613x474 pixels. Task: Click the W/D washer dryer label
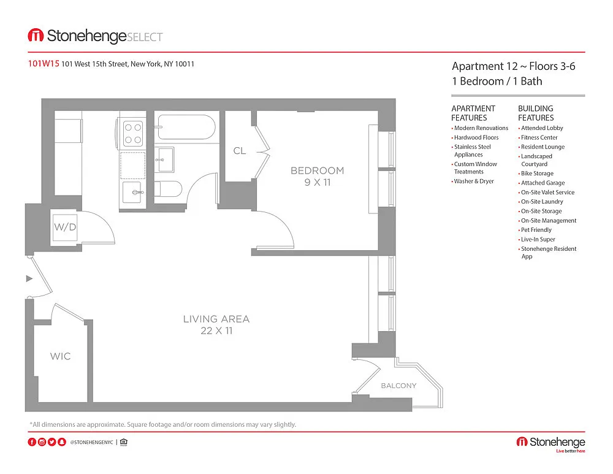65,227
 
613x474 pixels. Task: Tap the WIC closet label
60,356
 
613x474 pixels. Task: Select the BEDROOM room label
318,170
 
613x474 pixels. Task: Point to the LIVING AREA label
216,319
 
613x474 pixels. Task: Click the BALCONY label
399,386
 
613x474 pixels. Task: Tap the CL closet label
240,151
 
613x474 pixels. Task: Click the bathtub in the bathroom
186,127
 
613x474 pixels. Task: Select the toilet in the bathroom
169,189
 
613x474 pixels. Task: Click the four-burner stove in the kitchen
133,133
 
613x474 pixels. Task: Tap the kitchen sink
133,192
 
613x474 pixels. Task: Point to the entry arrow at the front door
29,278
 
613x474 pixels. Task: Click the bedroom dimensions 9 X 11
318,182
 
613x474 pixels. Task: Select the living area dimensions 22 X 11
216,331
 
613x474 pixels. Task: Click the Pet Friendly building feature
536,230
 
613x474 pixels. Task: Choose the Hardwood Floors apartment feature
476,138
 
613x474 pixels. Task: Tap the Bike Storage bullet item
537,174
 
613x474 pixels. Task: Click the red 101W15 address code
44,63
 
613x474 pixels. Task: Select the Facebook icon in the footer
32,442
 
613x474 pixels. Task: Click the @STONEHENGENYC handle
91,442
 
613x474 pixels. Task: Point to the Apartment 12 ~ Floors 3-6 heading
513,66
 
